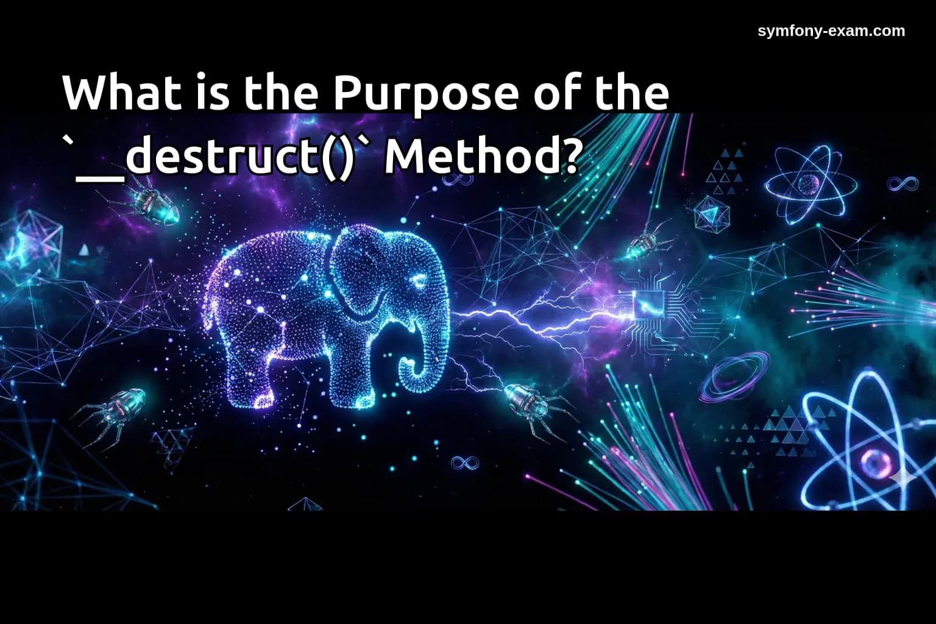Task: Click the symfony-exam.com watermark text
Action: click(831, 31)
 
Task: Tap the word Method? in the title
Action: click(481, 157)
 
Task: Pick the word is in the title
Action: click(213, 93)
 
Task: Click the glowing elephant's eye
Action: click(419, 281)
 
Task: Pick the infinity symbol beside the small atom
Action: click(902, 183)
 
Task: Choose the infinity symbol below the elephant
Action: click(464, 463)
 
